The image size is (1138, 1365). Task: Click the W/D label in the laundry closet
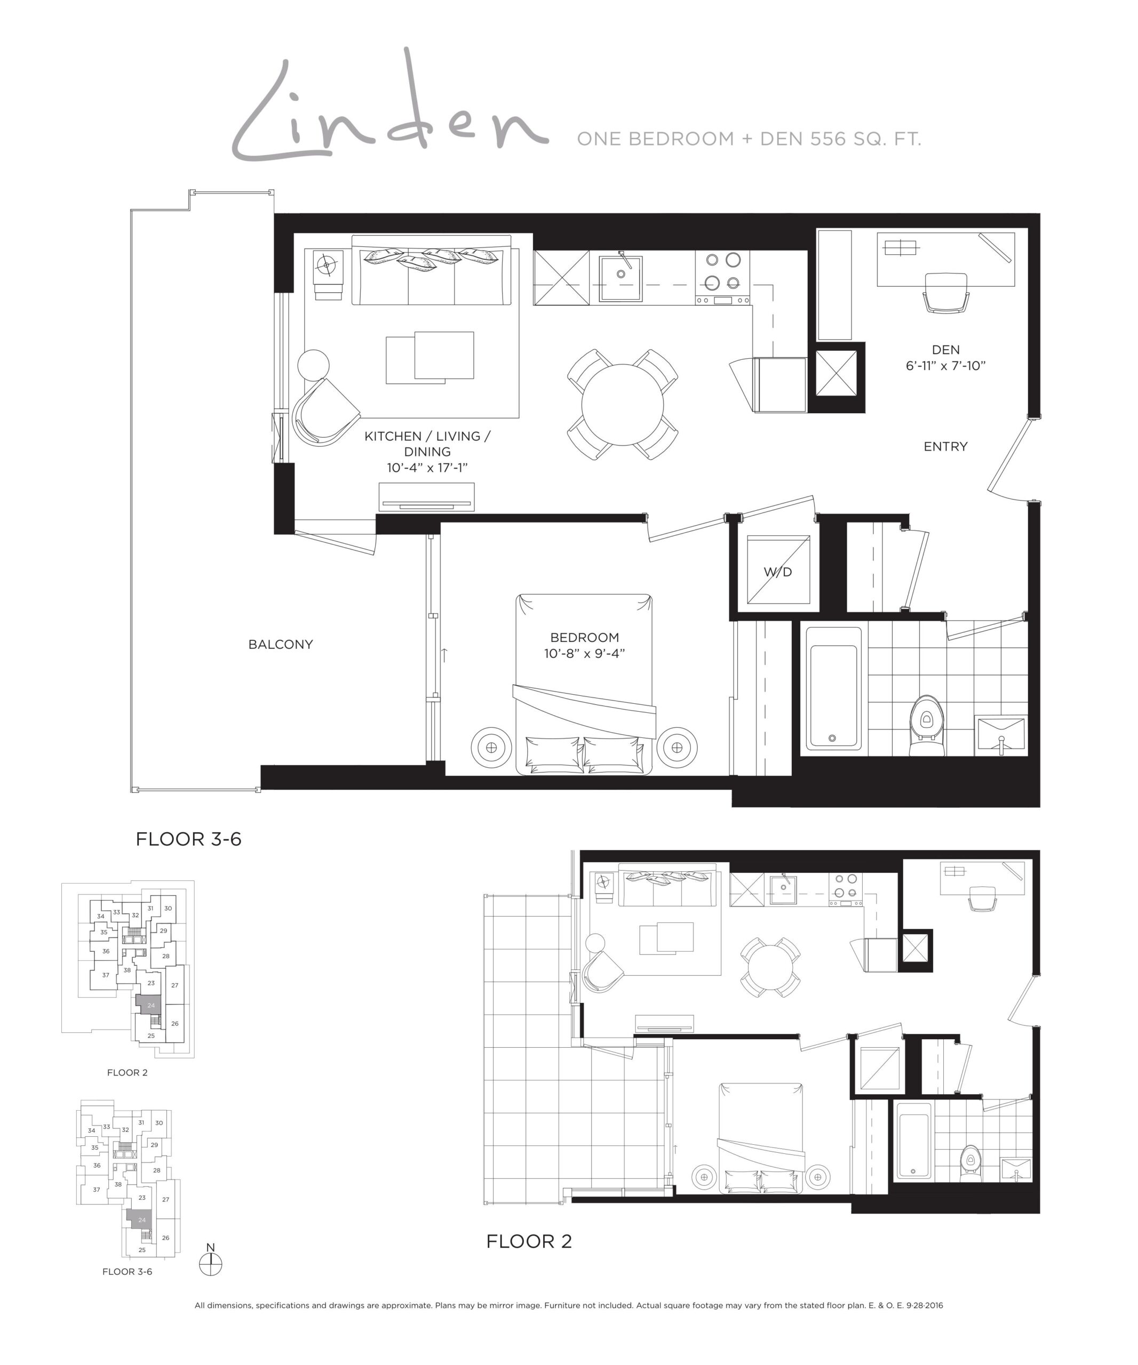pyautogui.click(x=777, y=572)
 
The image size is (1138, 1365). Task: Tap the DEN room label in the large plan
pyautogui.click(x=945, y=350)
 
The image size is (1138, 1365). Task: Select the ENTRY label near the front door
pyautogui.click(x=945, y=446)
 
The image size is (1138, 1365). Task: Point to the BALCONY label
pyautogui.click(x=280, y=644)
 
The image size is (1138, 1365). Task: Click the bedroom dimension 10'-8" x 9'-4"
pyautogui.click(x=584, y=653)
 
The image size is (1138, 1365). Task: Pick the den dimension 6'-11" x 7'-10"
pyautogui.click(x=945, y=366)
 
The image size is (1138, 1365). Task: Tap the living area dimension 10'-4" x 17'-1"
pyautogui.click(x=427, y=467)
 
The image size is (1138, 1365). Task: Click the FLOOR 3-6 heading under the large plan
pyautogui.click(x=188, y=839)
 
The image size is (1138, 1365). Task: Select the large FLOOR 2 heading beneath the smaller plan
pyautogui.click(x=529, y=1241)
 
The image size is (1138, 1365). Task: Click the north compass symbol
pyautogui.click(x=211, y=1262)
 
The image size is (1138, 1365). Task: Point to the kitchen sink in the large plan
pyautogui.click(x=620, y=278)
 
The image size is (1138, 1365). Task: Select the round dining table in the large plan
pyautogui.click(x=622, y=404)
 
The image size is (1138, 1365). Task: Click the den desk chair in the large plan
pyautogui.click(x=945, y=293)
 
